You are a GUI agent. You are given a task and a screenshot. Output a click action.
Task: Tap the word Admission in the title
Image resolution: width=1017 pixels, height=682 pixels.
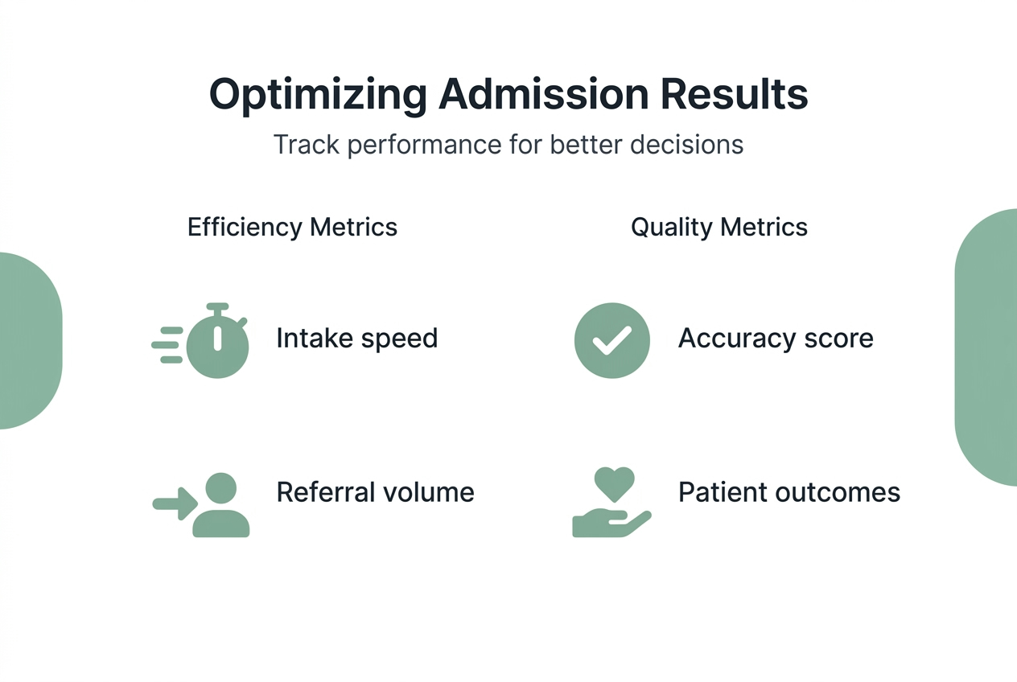coord(543,95)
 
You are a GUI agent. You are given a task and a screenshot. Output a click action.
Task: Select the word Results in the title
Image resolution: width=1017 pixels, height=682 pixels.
coord(735,95)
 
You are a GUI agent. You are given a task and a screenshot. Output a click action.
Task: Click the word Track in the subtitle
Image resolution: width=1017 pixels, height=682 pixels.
coord(305,145)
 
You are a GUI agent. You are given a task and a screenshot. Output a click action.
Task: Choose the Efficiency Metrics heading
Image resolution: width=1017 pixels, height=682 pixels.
coord(292,227)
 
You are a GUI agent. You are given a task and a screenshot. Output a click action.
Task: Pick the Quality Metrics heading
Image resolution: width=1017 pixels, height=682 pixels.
coord(718,227)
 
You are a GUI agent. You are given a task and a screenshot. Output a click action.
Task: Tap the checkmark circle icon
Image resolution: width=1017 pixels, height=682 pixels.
coord(611,340)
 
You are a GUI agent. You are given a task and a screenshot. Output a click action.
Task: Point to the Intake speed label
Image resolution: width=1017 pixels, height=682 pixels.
coord(356,338)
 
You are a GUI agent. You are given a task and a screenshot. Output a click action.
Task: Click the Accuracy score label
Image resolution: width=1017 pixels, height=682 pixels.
coord(776,338)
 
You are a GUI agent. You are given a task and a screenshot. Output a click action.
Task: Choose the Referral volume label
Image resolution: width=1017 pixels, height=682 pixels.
coord(375,491)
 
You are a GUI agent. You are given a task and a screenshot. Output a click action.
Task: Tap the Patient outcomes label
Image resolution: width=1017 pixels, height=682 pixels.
coord(788,491)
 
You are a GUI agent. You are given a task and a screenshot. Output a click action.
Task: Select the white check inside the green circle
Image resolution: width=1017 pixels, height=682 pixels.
coord(611,342)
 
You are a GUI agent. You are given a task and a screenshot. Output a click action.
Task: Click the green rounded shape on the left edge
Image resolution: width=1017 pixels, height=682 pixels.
coord(28,340)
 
